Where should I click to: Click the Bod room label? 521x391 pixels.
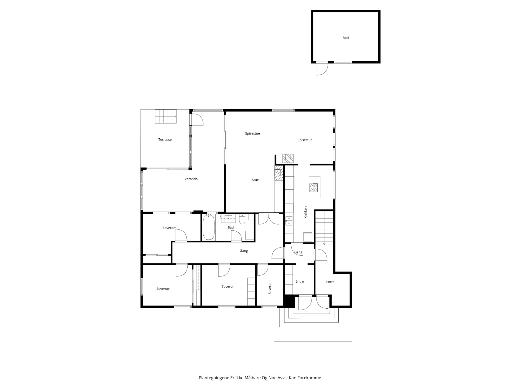click(345, 38)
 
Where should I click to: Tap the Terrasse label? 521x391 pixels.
click(165, 139)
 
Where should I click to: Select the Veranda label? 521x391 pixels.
click(191, 179)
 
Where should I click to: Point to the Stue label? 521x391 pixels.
click(255, 180)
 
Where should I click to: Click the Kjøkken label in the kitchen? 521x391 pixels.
click(305, 212)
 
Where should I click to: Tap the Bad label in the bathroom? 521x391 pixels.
click(231, 227)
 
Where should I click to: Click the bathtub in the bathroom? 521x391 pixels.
click(209, 227)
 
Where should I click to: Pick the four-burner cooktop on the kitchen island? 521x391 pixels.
click(314, 187)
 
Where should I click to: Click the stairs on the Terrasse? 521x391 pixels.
click(166, 116)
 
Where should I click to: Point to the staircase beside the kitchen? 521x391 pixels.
click(324, 228)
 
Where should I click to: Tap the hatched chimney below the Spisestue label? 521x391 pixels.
click(288, 158)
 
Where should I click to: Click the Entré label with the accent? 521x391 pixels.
click(300, 281)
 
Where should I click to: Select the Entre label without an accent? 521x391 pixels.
click(330, 282)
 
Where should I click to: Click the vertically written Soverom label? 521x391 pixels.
click(270, 287)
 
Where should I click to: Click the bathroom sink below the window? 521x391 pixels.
click(228, 219)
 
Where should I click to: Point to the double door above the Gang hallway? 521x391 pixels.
click(269, 219)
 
